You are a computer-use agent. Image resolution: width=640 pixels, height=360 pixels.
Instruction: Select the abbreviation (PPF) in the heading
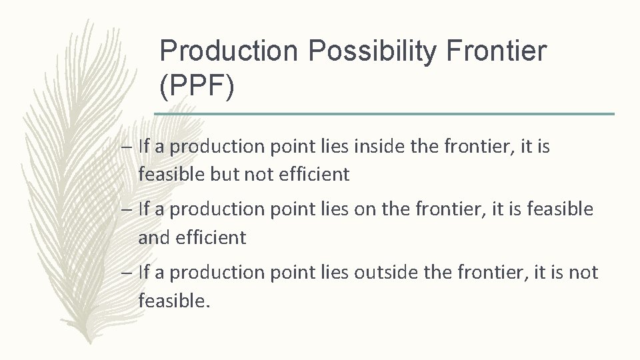[x=198, y=87]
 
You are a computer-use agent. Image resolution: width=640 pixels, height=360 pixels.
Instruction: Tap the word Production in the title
[x=214, y=52]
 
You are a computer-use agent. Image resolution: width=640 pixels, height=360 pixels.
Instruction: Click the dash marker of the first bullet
[x=127, y=147]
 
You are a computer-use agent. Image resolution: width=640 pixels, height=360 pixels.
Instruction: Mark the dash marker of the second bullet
[x=127, y=209]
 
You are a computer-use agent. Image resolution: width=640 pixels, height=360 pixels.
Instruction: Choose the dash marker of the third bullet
[x=127, y=272]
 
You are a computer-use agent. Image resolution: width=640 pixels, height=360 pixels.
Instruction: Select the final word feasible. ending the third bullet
[x=174, y=301]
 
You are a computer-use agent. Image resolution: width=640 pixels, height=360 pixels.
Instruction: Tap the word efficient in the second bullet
[x=211, y=237]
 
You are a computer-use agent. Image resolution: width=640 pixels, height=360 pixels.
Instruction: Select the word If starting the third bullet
[x=144, y=272]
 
